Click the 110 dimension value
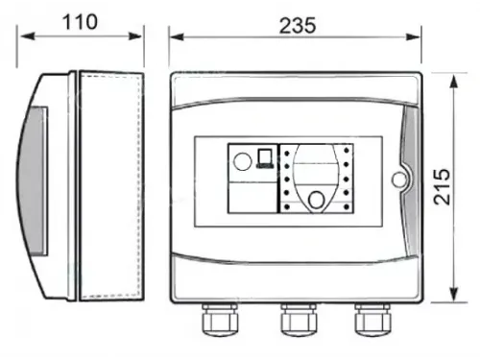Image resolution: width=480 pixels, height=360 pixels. point(80,22)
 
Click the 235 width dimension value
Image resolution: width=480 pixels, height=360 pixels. point(298,26)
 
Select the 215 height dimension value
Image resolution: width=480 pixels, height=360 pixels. point(442,187)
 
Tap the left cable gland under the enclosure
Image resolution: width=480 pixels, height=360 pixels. point(220,320)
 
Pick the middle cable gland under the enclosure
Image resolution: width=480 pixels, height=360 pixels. point(299,320)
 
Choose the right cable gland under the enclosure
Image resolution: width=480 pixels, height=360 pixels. point(372,320)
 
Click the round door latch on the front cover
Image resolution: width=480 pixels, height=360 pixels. point(398,180)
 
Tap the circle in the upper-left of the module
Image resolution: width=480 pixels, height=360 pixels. point(242,161)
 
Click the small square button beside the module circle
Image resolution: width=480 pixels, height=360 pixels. point(265,158)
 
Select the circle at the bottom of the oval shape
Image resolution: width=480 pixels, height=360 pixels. point(316,200)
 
